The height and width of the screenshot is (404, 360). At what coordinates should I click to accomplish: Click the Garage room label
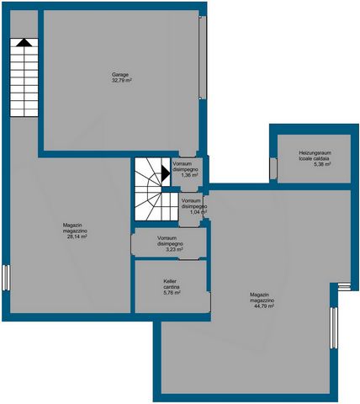pos(120,75)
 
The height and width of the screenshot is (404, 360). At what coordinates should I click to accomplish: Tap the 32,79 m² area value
pos(122,81)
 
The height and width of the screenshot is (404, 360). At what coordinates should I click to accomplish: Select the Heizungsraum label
pos(315,153)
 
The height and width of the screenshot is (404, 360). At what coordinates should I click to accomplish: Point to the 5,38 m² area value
pos(322,164)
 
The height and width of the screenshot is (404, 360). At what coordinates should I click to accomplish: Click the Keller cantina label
pos(172,284)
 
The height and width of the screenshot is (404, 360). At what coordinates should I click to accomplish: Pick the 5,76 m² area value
pos(172,293)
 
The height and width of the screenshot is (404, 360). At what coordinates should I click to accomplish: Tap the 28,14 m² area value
pos(77,237)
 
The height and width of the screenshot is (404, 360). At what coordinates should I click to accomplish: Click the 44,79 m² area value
pos(263,306)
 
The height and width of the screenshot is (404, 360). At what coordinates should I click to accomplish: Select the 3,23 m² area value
pos(174,249)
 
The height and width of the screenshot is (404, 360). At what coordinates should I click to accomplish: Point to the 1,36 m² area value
pos(189,175)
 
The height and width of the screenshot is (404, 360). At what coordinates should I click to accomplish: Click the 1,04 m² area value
pos(199,212)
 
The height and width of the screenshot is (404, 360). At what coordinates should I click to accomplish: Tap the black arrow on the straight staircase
pos(24,42)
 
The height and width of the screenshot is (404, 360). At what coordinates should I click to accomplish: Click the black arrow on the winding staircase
pos(166,173)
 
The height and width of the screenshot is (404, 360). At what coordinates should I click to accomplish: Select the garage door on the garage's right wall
pos(203,57)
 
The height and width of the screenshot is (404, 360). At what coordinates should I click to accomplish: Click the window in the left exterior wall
pos(6,278)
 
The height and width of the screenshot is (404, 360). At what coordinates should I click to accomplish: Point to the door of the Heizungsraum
pos(273,168)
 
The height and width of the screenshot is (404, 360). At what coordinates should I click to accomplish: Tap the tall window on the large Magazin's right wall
pos(334,328)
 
